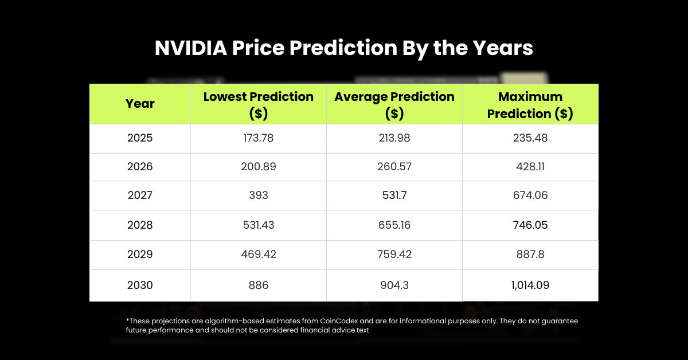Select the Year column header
tap(140, 104)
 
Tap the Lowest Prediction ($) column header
tap(259, 104)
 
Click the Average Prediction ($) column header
tap(394, 104)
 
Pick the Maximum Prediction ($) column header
tap(530, 104)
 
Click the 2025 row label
tap(140, 138)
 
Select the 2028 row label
tap(140, 225)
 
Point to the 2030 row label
tap(140, 285)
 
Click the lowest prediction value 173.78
tap(259, 138)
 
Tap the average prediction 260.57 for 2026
tap(394, 167)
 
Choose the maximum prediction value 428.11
tap(530, 167)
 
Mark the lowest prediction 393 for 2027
tap(259, 195)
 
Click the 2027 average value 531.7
tap(394, 195)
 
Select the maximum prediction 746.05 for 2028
tap(530, 225)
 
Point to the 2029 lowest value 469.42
tap(259, 254)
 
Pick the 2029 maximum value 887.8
tap(530, 254)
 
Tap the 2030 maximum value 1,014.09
tap(530, 285)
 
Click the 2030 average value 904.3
tap(394, 285)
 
